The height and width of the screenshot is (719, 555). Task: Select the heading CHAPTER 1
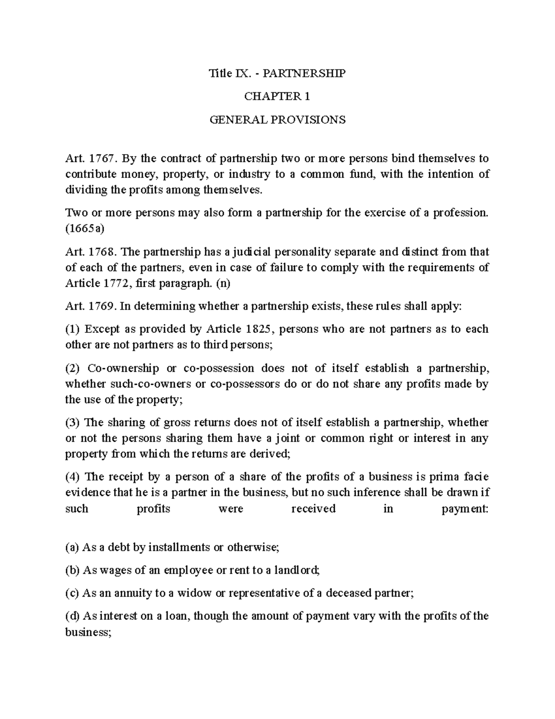[277, 96]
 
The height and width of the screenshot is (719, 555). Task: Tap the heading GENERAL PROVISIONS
[277, 120]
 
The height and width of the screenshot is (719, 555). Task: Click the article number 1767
[101, 158]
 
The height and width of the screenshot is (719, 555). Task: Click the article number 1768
[101, 252]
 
